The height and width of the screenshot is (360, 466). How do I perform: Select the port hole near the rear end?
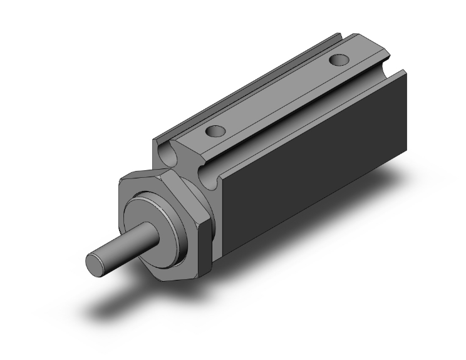pos(339,61)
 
